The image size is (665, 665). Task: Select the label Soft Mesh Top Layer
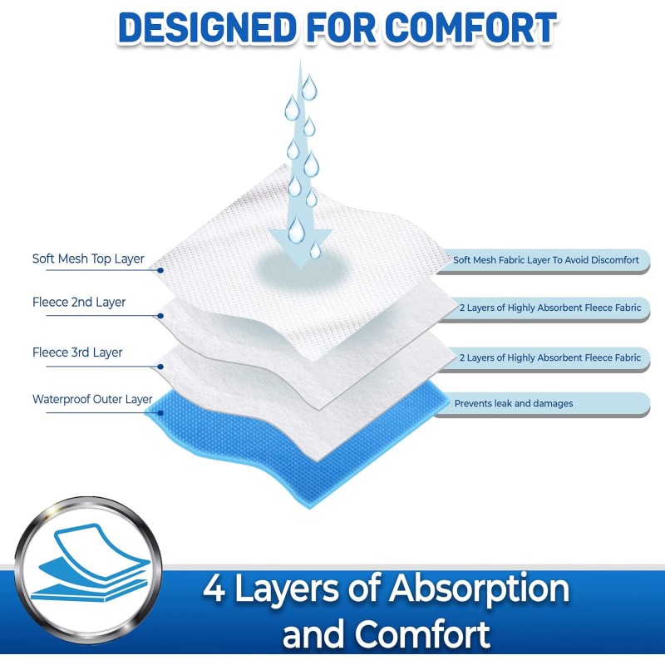pos(88,259)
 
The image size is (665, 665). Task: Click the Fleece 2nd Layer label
pos(79,303)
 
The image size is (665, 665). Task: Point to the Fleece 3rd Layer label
pos(77,352)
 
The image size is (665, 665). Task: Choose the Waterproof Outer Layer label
pos(92,399)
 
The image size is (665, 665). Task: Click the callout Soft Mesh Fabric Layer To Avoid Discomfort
pos(546,260)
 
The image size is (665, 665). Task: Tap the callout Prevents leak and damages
pos(513,404)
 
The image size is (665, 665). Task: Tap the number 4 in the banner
pos(214,589)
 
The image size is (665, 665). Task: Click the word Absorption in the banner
pos(477,589)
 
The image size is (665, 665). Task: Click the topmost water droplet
pos(309,87)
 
